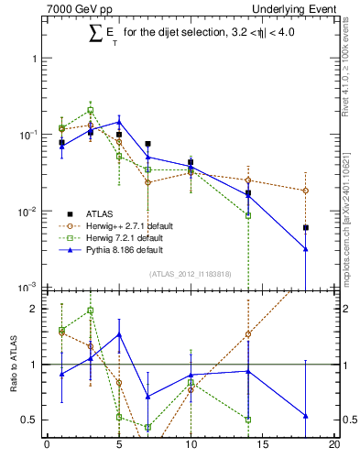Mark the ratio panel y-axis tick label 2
(x=35, y=309)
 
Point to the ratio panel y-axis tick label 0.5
(x=31, y=420)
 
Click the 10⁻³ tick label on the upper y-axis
(x=27, y=287)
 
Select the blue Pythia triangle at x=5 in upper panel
(x=119, y=122)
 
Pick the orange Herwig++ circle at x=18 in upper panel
(x=305, y=191)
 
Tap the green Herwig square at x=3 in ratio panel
(x=91, y=311)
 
